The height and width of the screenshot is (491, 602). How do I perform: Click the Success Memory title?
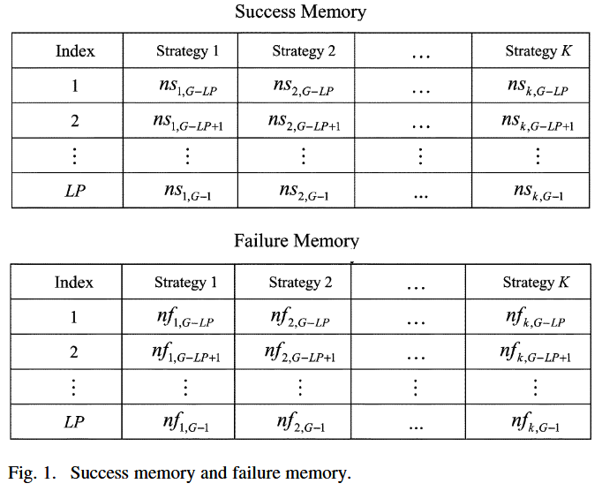coord(300,12)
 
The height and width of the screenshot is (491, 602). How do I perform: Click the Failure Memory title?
coord(297,241)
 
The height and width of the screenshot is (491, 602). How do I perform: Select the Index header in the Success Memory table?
coord(75,51)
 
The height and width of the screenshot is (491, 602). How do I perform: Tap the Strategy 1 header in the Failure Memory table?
coord(185,283)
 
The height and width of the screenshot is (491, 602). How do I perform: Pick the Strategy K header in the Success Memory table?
coord(537,51)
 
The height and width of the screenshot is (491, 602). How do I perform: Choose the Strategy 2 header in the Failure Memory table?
coord(300,283)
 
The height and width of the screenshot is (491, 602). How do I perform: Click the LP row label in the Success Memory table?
coord(75,191)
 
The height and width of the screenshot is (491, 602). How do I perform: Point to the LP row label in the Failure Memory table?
coord(74,422)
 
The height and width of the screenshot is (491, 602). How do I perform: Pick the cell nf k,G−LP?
coord(535,318)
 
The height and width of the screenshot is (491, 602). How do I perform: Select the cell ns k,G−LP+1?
coord(538,123)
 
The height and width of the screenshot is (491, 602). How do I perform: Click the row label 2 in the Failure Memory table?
coord(74,351)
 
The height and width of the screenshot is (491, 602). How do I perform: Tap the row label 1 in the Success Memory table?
coord(75,87)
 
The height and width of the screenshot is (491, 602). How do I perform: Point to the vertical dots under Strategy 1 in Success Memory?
coord(186,156)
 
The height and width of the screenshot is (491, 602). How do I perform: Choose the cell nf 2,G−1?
coord(299,423)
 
